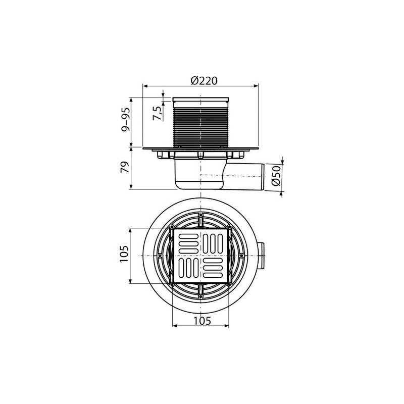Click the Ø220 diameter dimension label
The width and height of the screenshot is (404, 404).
pos(202,80)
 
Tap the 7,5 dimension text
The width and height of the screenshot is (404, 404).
pos(158,111)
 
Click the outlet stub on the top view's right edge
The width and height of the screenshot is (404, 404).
pos(265,256)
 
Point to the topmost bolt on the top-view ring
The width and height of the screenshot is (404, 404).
pos(201,215)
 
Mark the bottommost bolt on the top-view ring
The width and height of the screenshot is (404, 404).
pos(201,297)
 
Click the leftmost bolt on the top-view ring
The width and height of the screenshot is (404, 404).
pos(160,256)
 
